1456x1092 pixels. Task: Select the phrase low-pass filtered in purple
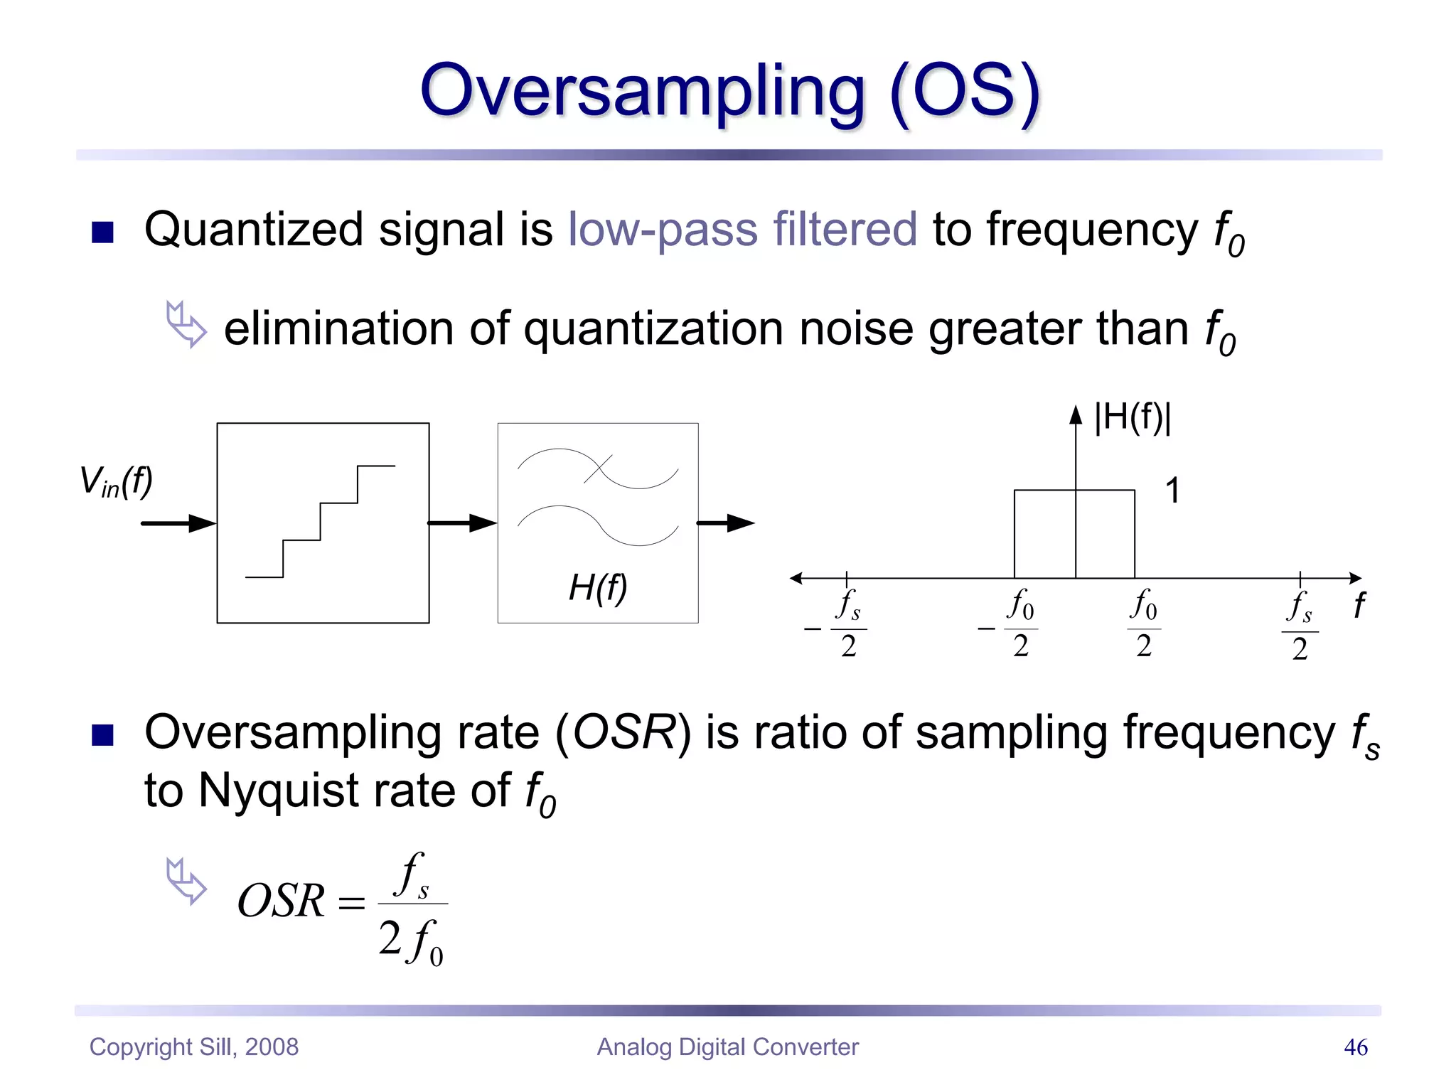tap(742, 230)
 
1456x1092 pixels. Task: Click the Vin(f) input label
tap(116, 482)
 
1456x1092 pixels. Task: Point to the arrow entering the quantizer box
tap(178, 524)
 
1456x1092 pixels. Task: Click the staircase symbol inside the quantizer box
tap(321, 521)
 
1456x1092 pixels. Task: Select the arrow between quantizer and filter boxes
tap(462, 524)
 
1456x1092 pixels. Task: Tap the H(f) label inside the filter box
tap(598, 588)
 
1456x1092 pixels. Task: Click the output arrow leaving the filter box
tap(726, 524)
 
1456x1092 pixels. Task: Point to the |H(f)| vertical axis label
tap(1133, 417)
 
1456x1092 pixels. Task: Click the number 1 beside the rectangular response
tap(1172, 491)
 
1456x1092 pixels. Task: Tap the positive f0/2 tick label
tap(1143, 624)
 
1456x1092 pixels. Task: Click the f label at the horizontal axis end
tap(1359, 606)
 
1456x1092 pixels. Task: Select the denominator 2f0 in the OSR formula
tap(411, 941)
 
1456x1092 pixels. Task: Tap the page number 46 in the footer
tap(1355, 1047)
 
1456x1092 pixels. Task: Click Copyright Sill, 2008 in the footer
tap(194, 1047)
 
